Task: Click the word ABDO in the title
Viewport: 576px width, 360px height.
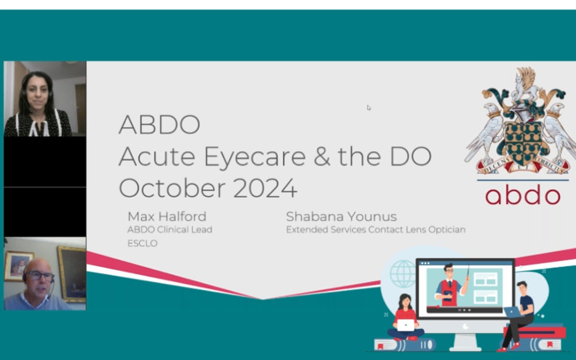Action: point(159,125)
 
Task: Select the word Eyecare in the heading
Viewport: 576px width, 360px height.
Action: point(255,157)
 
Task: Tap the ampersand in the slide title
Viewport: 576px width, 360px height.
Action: point(322,156)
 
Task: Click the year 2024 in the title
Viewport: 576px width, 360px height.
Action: point(265,188)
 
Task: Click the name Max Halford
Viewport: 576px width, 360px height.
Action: point(167,216)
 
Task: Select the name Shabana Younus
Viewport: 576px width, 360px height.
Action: point(341,216)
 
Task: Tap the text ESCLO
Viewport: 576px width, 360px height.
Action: point(142,243)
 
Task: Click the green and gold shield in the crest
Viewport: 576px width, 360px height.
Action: point(523,143)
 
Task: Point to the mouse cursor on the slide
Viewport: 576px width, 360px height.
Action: point(368,108)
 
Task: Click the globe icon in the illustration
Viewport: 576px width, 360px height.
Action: point(403,274)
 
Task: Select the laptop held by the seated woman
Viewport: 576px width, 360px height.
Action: point(405,325)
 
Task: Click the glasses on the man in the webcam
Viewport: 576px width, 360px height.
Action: point(39,276)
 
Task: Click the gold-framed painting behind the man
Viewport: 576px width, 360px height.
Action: point(72,274)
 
